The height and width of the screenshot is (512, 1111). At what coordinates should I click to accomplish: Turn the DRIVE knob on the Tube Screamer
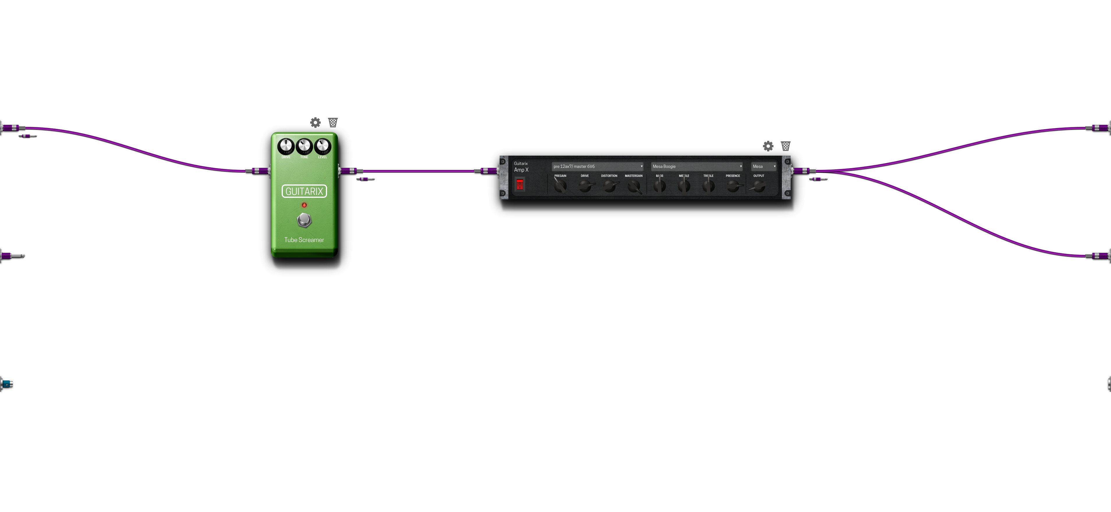285,147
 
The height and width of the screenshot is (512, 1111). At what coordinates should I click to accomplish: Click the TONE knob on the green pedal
304,147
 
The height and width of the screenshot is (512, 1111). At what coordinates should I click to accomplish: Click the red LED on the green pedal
304,205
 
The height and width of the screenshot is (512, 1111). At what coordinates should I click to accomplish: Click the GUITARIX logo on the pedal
304,191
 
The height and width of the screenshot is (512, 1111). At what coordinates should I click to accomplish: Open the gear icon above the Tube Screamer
315,122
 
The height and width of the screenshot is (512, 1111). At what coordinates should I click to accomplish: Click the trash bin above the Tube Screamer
333,122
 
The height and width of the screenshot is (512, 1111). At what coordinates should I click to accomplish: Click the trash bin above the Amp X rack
786,146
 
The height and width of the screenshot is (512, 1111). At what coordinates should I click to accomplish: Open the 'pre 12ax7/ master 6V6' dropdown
597,166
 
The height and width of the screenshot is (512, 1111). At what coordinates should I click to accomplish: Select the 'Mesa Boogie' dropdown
697,166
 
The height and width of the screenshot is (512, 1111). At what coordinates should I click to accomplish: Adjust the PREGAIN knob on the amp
560,186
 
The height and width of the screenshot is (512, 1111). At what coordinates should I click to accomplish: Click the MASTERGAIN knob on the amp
633,186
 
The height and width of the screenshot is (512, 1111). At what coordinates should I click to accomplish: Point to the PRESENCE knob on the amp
733,186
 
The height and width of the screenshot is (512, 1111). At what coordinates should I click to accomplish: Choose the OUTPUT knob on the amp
759,186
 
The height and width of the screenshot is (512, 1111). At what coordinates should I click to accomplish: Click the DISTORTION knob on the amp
609,186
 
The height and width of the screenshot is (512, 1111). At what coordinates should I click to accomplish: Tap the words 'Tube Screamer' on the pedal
304,240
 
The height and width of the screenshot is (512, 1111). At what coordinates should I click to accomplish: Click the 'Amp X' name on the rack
521,170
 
